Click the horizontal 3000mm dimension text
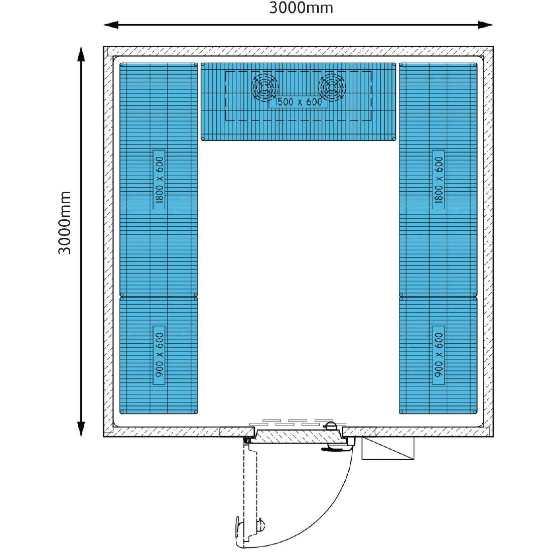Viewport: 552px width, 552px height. click(301, 8)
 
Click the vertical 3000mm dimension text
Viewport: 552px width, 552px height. click(64, 222)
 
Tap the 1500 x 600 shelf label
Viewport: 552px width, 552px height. click(298, 102)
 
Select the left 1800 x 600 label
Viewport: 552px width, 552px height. click(159, 180)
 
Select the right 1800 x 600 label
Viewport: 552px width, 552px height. click(439, 180)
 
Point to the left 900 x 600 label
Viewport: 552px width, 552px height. click(159, 355)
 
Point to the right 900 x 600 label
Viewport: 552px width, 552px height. click(439, 355)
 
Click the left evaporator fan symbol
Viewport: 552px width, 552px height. click(265, 87)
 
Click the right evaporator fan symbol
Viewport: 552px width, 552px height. click(332, 87)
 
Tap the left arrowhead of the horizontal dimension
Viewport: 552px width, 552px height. click(110, 25)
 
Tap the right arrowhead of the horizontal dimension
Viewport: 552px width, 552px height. click(485, 25)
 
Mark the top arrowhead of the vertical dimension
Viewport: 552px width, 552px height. click(81, 54)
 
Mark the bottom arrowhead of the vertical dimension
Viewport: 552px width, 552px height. click(81, 429)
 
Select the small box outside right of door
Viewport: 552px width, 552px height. click(388, 449)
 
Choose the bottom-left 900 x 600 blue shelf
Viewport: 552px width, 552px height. click(159, 355)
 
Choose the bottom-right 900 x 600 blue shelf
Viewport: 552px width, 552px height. click(438, 355)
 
